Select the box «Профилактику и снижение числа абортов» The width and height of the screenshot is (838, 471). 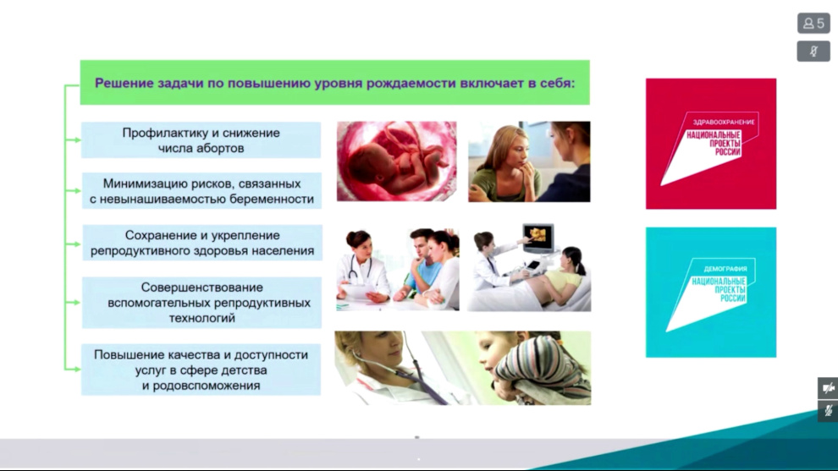click(201, 140)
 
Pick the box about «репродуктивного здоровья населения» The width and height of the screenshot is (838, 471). click(202, 243)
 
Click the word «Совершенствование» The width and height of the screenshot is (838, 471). click(202, 288)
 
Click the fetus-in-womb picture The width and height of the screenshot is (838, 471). click(396, 162)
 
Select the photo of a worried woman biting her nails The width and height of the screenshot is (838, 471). click(529, 162)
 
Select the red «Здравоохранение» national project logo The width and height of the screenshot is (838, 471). click(711, 144)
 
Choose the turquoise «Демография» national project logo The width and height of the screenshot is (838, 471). click(711, 292)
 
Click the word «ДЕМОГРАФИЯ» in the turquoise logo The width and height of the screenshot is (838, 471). click(725, 269)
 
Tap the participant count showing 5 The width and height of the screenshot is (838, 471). click(813, 24)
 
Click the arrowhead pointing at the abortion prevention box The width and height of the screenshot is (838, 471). click(77, 140)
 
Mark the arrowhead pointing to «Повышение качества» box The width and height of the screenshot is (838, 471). click(77, 369)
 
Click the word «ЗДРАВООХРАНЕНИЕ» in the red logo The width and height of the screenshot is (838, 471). click(724, 122)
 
